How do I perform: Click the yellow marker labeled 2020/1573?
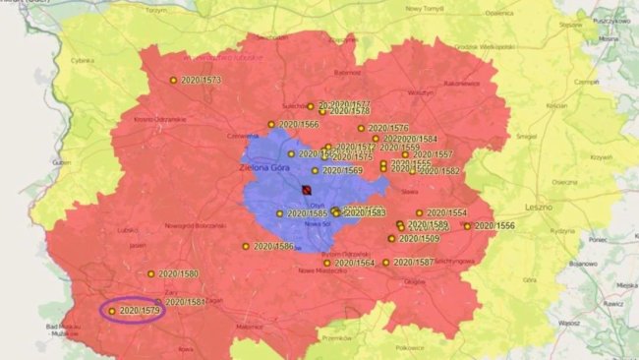(x=173, y=80)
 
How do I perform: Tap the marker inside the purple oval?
(x=112, y=311)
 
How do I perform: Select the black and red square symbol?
(x=306, y=189)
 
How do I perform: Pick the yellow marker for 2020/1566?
(x=271, y=125)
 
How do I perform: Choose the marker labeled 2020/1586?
(x=246, y=247)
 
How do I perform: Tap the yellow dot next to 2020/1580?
(x=151, y=273)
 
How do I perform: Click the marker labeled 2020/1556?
(x=467, y=226)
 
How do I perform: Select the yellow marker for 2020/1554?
(x=419, y=212)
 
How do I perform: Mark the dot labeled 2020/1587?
(x=385, y=263)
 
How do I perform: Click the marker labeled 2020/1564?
(x=326, y=263)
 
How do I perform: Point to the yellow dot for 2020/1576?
(x=361, y=128)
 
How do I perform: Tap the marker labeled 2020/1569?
(x=316, y=170)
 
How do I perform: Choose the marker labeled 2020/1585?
(x=279, y=213)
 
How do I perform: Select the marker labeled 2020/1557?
(x=404, y=154)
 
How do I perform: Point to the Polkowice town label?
(x=394, y=347)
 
